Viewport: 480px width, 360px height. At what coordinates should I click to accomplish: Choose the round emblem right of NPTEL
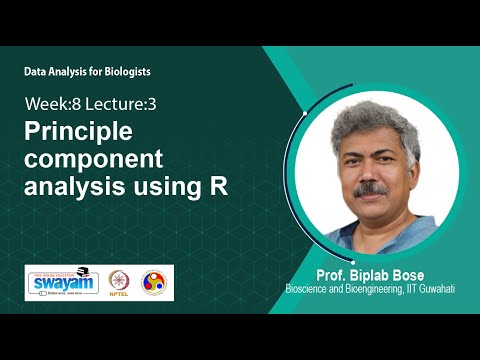click(156, 282)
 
